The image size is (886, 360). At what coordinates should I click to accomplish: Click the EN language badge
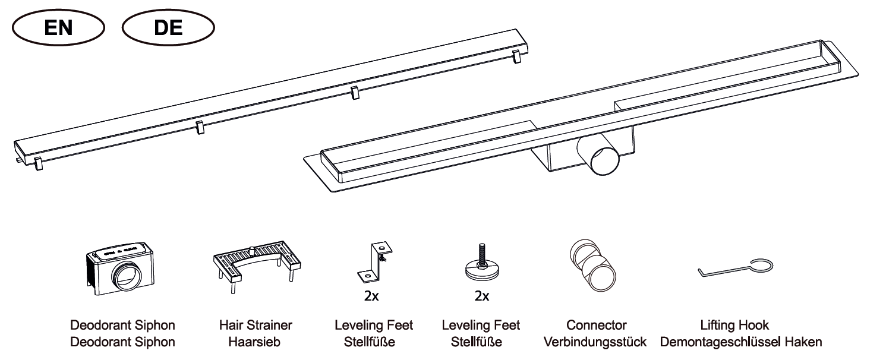[x=57, y=27]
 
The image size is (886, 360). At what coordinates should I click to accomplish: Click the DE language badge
[x=168, y=27]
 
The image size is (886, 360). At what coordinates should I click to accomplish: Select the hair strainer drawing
[x=255, y=265]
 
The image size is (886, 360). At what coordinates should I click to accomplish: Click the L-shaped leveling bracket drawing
[x=374, y=262]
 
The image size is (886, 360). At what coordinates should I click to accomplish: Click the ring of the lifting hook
[x=761, y=267]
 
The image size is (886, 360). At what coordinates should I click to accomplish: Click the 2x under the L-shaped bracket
[x=371, y=296]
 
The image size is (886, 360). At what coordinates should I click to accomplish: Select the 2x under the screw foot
[x=481, y=296]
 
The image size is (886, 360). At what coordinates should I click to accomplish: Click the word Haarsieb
[x=254, y=342]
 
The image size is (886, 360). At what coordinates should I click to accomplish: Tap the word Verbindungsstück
[x=595, y=342]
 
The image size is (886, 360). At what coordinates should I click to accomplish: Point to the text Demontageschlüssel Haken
[x=741, y=342]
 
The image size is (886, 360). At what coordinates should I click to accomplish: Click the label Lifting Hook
[x=734, y=326]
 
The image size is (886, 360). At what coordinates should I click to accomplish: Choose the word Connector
[x=596, y=326]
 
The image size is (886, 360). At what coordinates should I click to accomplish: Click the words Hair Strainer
[x=256, y=326]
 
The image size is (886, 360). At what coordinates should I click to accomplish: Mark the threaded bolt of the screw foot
[x=480, y=253]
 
